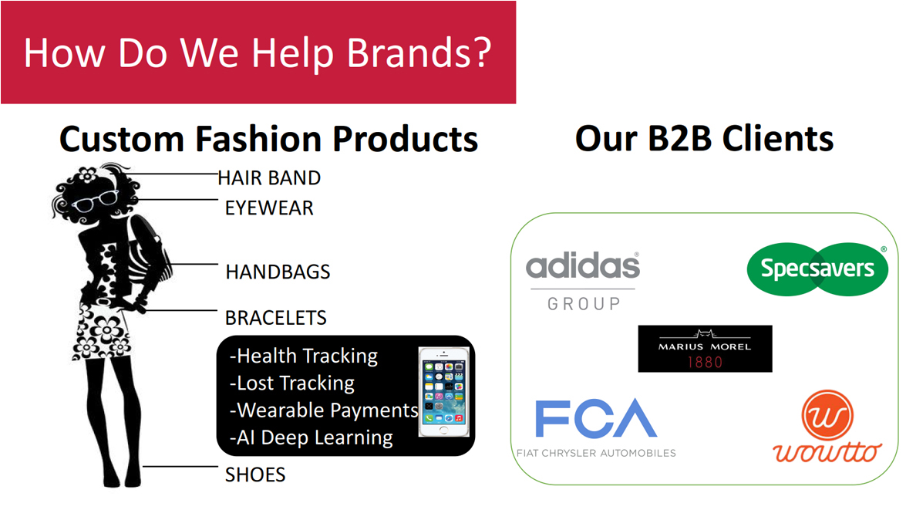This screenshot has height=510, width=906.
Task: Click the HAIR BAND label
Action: pos(269,178)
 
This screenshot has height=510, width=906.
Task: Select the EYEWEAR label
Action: pos(269,208)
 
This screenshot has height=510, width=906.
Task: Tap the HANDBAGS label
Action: pos(278,272)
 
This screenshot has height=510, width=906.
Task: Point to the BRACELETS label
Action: pos(275,318)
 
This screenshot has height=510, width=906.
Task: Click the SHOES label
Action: pos(255,475)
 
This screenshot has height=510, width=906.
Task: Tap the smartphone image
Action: pos(444,391)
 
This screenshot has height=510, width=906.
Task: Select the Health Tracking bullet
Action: pos(304,356)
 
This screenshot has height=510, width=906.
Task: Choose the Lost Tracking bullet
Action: pos(292,383)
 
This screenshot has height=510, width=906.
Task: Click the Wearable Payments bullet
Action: pos(324,410)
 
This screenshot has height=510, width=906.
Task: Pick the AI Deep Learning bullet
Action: pos(312,437)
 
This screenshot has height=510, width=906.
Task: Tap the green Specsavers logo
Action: pos(817,269)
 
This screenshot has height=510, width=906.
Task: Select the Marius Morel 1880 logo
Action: pos(705,349)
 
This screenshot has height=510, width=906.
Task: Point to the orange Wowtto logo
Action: pos(827,427)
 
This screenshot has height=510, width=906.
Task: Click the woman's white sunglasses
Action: pos(95,201)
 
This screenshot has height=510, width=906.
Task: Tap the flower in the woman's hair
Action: pos(87,174)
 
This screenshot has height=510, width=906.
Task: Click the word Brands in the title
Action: pos(419,53)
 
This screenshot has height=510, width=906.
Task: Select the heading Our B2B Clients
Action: pos(704,139)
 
